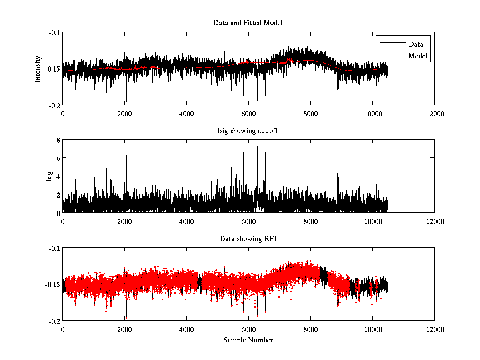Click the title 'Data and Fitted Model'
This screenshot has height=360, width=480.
pos(248,23)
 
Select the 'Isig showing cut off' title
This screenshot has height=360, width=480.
pos(248,131)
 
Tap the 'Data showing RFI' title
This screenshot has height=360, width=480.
pos(248,239)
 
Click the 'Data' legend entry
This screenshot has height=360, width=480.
pos(416,44)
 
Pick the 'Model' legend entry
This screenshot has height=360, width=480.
pos(418,56)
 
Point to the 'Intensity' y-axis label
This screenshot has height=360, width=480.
pos(38,69)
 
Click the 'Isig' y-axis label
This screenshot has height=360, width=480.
pos(49,176)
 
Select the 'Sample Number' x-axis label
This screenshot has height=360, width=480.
pos(248,340)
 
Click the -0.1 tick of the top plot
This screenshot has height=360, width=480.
pos(54,32)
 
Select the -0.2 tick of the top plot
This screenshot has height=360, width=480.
pos(54,105)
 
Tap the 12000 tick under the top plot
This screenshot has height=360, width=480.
pos(434,114)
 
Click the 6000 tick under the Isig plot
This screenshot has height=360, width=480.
pos(248,221)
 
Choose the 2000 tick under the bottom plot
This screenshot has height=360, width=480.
pos(124,329)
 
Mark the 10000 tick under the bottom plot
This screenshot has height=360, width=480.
pos(372,329)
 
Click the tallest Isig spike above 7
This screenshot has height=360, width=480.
pos(257,147)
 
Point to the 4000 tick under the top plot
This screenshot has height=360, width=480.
pos(186,114)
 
